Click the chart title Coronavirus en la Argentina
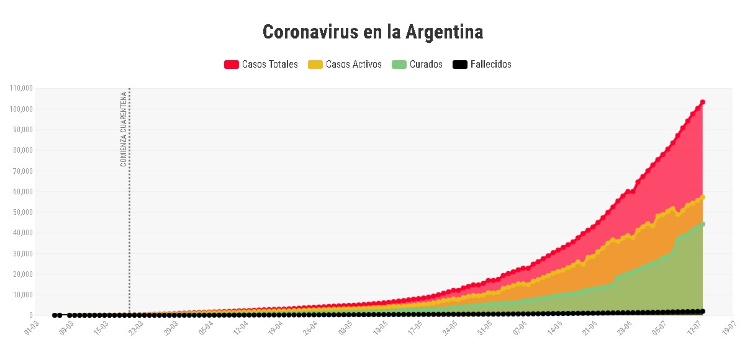[x=373, y=32]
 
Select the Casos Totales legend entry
[x=269, y=65]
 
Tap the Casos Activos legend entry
[x=353, y=65]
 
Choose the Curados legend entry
[x=426, y=65]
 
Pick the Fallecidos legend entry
[x=490, y=65]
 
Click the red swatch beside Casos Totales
[x=232, y=65]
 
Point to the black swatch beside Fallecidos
[x=459, y=65]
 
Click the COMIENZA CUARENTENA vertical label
[x=123, y=129]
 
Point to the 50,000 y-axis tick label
[x=22, y=212]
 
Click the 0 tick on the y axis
[x=30, y=315]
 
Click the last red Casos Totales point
[x=703, y=102]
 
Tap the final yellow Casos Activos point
[x=703, y=197]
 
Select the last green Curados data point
[x=703, y=224]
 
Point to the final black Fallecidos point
[x=703, y=311]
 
